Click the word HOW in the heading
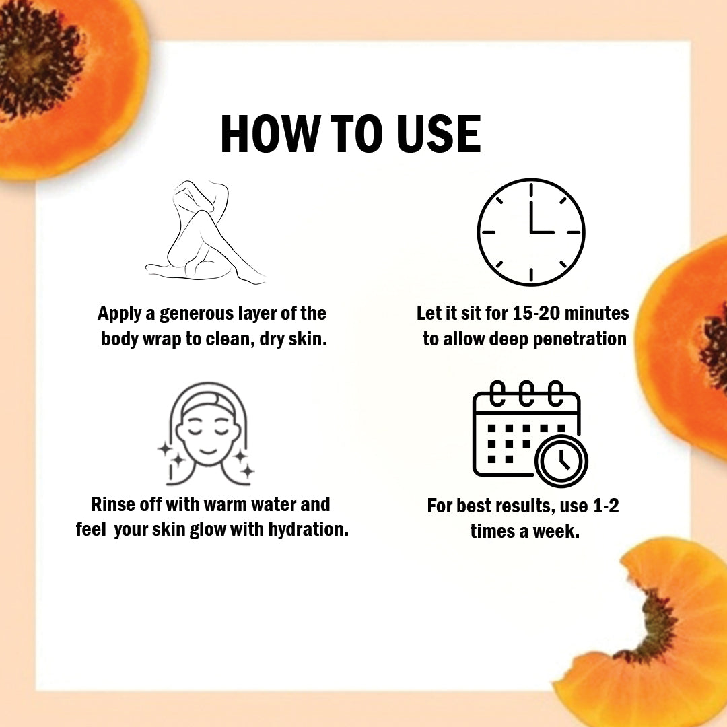tap(267, 134)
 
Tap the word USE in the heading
tap(439, 134)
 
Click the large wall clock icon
tap(531, 232)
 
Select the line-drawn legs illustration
tap(205, 231)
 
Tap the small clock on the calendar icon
tap(561, 461)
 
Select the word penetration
tap(580, 339)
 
